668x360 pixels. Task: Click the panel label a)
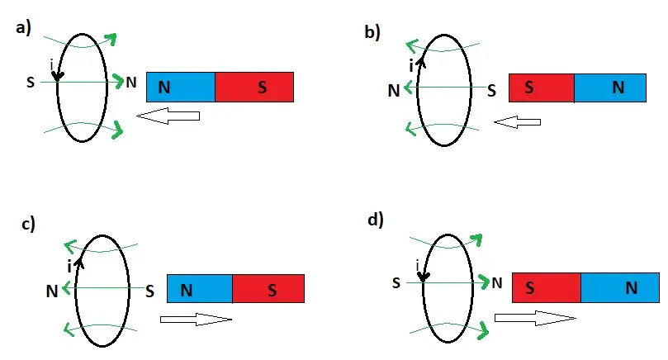point(23,28)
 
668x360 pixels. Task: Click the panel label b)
point(372,32)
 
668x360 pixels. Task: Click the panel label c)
point(27,224)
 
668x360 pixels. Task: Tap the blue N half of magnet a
point(180,88)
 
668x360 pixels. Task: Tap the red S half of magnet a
point(254,88)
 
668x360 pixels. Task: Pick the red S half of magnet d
point(547,287)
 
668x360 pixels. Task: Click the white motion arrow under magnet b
point(517,122)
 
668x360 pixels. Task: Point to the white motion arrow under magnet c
point(196,319)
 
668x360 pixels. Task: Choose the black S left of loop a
point(31,82)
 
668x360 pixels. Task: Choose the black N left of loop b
point(393,89)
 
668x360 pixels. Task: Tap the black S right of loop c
point(149,290)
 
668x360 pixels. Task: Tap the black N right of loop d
point(496,283)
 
